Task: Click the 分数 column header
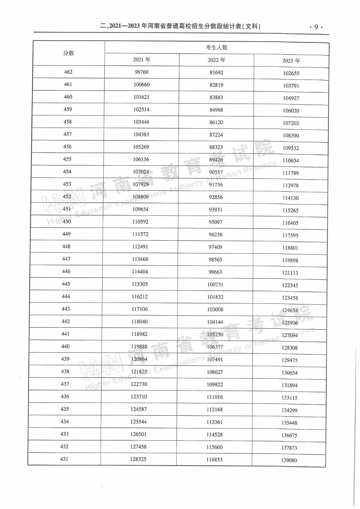coord(69,53)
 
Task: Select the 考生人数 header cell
coord(216,48)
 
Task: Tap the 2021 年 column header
coord(142,60)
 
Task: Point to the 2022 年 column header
coord(216,60)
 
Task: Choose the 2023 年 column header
coord(291,61)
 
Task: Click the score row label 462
coord(68,72)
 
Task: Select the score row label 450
coord(67,221)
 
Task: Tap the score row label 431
coord(64,459)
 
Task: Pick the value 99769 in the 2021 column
coord(142,72)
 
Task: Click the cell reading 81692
coord(216,73)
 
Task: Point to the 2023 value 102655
coord(291,73)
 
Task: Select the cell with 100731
coord(215,285)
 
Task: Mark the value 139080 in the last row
coord(289,460)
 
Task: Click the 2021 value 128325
coord(138,459)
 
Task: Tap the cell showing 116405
coord(290,223)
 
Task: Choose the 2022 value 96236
coord(216,235)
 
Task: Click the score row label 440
coord(65,346)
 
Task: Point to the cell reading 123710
coord(139,397)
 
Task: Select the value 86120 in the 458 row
coord(216,122)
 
